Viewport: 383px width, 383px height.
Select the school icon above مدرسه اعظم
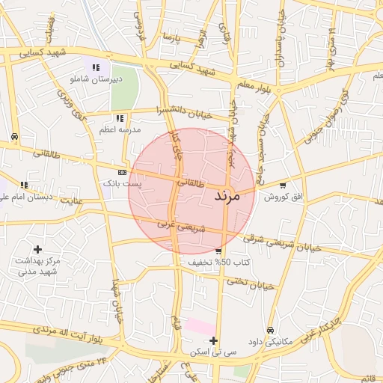click(120, 118)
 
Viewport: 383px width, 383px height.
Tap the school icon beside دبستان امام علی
click(25, 185)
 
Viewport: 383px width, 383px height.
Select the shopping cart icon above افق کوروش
click(282, 186)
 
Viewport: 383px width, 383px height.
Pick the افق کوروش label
click(286, 196)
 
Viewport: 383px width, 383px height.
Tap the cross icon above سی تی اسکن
click(214, 340)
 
